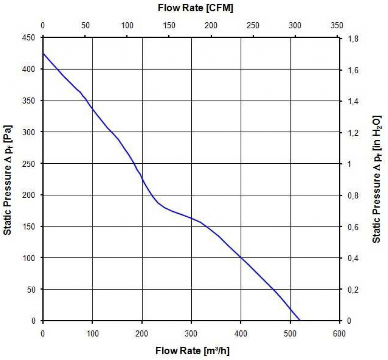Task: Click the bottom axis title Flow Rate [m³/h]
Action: pyautogui.click(x=193, y=350)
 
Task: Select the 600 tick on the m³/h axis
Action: pyautogui.click(x=339, y=333)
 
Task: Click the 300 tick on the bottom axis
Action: pyautogui.click(x=191, y=333)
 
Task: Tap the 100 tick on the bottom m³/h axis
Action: pyautogui.click(x=92, y=333)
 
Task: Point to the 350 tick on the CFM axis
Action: pyautogui.click(x=336, y=26)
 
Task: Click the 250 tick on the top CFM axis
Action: pyautogui.click(x=253, y=26)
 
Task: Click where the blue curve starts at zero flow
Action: pyautogui.click(x=43, y=53)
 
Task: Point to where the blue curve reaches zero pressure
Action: pyautogui.click(x=300, y=321)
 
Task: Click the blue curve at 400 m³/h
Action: pyautogui.click(x=241, y=258)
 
